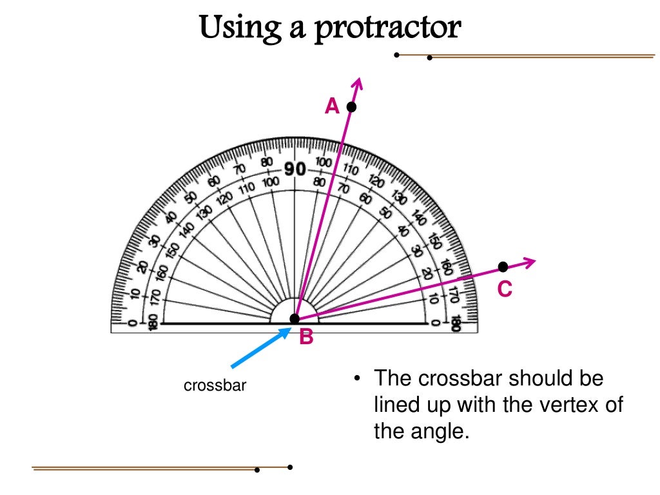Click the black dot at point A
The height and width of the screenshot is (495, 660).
351,107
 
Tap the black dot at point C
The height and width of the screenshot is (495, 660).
503,266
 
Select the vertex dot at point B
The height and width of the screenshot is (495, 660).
295,318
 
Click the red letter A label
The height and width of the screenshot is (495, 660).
332,106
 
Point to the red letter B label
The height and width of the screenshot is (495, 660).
306,336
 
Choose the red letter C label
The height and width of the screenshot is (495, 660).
504,290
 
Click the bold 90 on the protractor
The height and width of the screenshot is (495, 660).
295,169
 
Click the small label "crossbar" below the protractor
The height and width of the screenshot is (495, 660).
215,386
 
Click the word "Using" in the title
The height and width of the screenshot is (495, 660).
237,29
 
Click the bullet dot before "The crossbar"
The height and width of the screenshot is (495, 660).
356,379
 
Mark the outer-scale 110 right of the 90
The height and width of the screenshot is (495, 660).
350,170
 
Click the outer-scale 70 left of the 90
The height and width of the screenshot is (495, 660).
240,170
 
